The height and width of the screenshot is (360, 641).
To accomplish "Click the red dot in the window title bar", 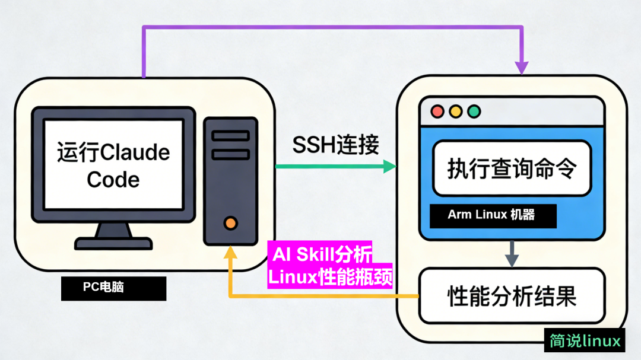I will (438, 111).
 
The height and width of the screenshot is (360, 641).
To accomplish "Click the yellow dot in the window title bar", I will (456, 111).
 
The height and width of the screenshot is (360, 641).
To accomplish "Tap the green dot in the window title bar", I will (474, 111).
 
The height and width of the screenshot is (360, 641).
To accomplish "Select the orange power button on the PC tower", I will (231, 223).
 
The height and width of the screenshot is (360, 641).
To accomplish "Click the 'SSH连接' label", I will (335, 145).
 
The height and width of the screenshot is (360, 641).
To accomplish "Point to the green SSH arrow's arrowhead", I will (389, 167).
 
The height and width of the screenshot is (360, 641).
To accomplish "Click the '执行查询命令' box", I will (512, 168).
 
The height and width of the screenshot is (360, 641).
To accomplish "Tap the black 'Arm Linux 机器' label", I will (493, 215).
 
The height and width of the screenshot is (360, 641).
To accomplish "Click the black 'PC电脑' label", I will (113, 289).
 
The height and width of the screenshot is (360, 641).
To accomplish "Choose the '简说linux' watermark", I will (585, 341).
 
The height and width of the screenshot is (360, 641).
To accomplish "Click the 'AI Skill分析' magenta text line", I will (322, 254).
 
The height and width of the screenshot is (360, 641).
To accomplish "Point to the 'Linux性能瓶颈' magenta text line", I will (330, 277).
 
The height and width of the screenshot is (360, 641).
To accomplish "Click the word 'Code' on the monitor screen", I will (113, 179).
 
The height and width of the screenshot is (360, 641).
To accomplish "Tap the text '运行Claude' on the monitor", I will (113, 152).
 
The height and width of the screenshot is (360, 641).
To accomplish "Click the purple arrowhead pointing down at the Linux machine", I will (522, 68).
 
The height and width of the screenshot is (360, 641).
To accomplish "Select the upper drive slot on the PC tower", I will (231, 136).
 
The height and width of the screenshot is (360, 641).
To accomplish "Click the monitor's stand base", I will (113, 243).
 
